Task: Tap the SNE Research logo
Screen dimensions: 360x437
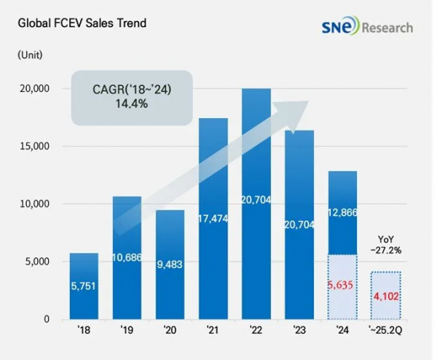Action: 366,28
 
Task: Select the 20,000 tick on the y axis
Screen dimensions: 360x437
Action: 31,89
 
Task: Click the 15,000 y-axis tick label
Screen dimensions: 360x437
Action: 31,146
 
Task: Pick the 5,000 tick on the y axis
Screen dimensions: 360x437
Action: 34,262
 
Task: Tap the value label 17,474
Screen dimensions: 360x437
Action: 213,217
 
